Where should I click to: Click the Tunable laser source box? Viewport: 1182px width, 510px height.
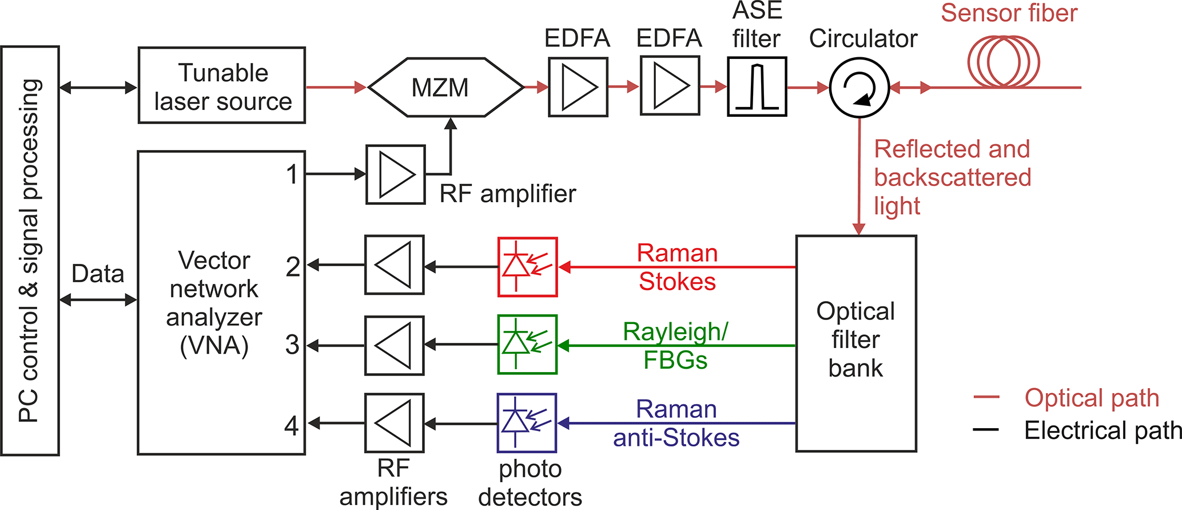point(222,85)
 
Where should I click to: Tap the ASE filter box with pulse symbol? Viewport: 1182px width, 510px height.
point(757,86)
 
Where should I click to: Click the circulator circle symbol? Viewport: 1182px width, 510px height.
point(859,88)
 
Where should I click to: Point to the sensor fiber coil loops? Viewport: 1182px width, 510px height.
point(1004,62)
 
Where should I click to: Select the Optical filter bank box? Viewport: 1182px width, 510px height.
point(856,343)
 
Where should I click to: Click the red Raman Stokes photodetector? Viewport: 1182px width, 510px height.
point(527,267)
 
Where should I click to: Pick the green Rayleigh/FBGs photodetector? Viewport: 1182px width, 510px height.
point(527,345)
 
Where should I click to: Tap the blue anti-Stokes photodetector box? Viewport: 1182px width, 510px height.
point(527,423)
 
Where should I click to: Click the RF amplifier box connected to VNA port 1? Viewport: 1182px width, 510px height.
point(396,175)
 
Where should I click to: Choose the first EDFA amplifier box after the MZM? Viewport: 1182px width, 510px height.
point(578,87)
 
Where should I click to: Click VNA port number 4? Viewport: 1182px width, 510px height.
point(292,425)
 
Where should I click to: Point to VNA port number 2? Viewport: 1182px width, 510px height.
point(293,267)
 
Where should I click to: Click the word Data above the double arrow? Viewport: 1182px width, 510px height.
point(98,274)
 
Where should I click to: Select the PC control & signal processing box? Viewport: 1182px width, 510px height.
point(30,251)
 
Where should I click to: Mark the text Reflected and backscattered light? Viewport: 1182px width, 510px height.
point(952,177)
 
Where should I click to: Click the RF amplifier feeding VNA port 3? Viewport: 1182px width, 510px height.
point(395,345)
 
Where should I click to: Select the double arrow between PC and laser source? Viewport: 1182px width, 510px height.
point(98,88)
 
